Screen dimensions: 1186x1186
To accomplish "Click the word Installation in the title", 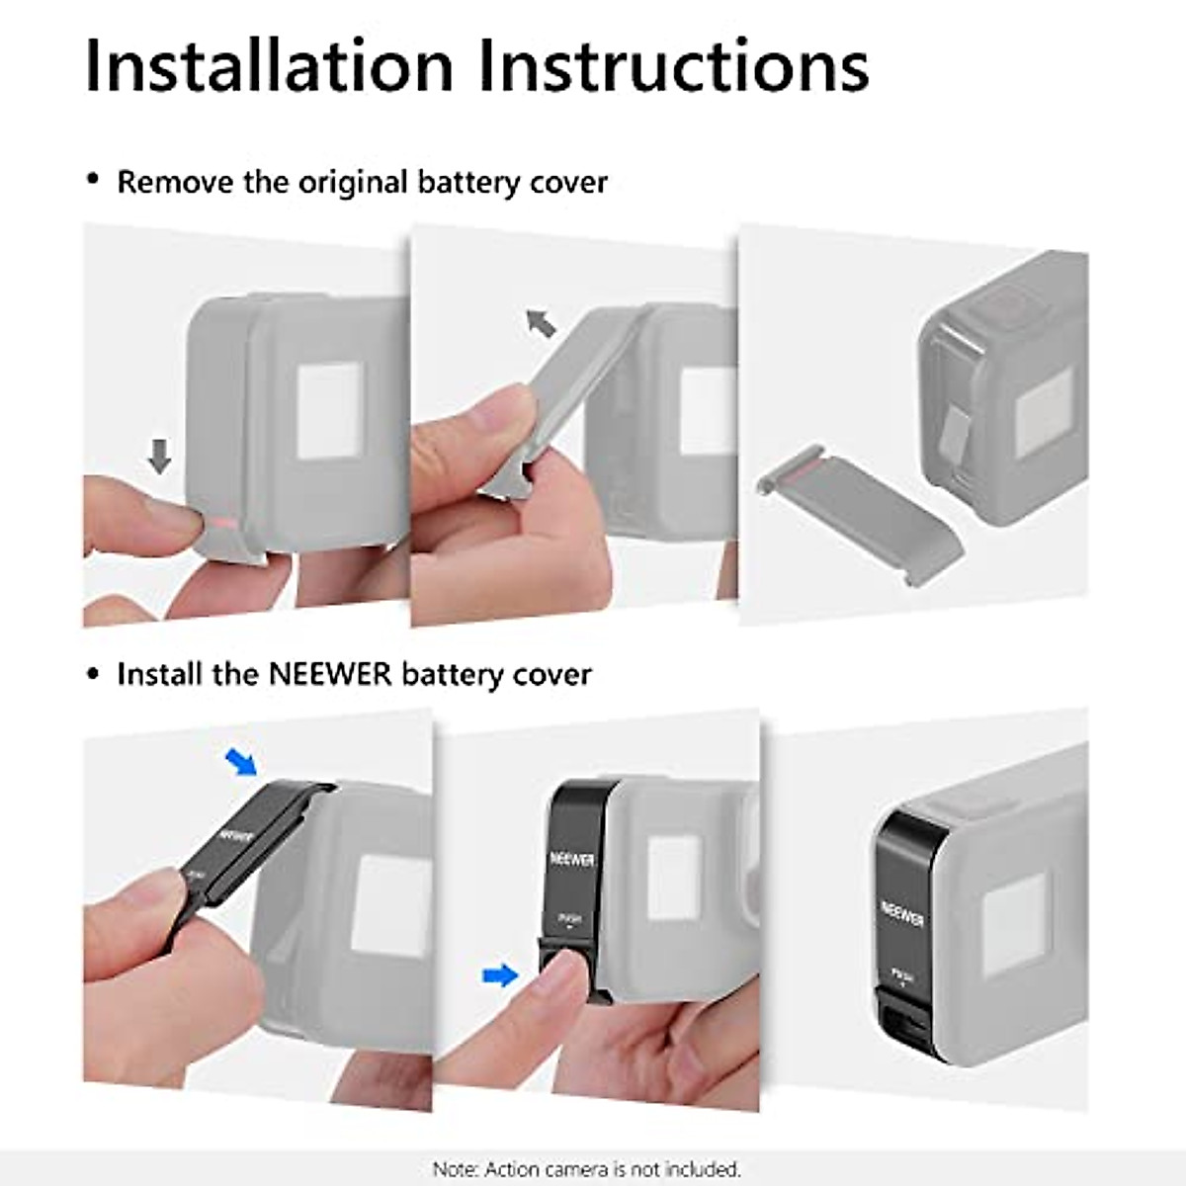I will tap(269, 65).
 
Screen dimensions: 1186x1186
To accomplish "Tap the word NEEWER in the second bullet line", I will tap(330, 675).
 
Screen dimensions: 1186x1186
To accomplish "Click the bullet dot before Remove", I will tap(94, 181).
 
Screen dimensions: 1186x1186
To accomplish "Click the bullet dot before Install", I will tap(94, 674).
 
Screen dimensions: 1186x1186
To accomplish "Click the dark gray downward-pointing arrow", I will tap(159, 456).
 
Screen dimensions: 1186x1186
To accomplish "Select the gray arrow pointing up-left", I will tap(541, 322).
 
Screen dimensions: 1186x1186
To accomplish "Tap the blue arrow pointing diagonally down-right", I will tap(240, 762).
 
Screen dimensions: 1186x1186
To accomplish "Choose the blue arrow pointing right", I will tap(501, 976).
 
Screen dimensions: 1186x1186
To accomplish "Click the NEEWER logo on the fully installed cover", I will tap(902, 915).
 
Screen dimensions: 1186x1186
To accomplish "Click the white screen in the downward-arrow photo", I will tap(330, 411).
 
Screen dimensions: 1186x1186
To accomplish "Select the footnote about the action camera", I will tap(586, 1169).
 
